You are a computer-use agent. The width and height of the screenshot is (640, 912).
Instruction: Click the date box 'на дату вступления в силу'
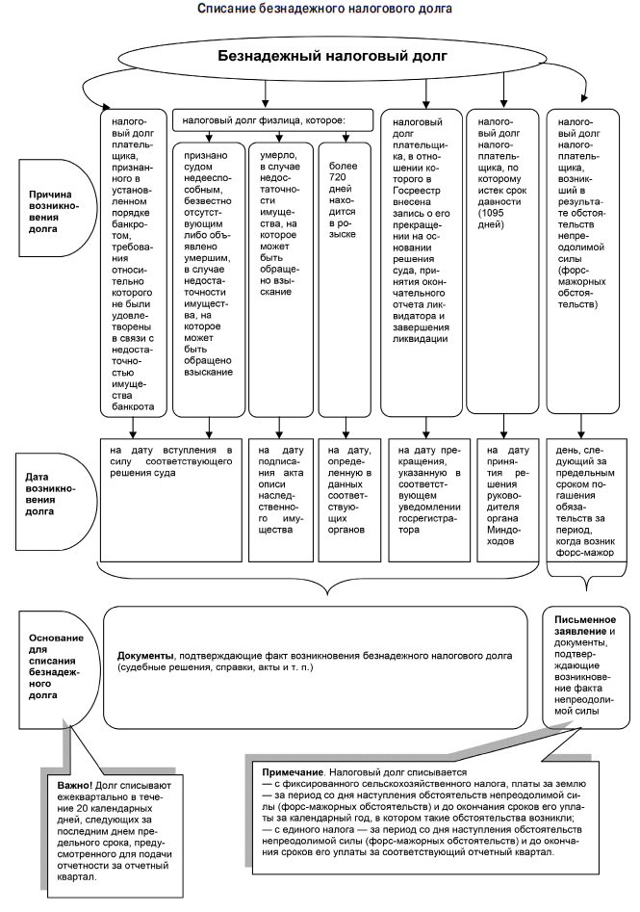tap(170, 462)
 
